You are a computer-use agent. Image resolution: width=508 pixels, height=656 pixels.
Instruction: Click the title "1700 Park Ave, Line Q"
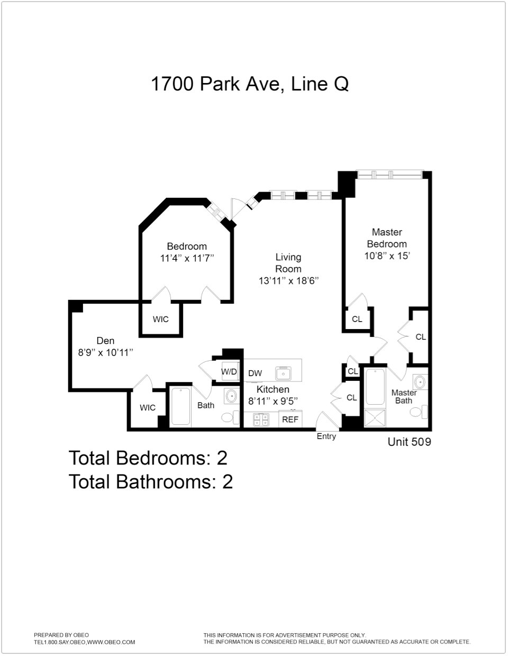coord(250,84)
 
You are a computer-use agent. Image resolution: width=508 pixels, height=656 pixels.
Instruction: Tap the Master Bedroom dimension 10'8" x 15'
coord(387,256)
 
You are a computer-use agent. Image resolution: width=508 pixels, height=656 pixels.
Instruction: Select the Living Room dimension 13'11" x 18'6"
coord(288,281)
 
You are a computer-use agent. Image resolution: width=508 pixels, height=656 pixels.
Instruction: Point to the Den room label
coord(105,341)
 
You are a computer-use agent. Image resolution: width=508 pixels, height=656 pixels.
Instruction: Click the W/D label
coord(229,371)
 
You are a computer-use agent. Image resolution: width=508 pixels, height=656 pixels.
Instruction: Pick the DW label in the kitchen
coord(255,373)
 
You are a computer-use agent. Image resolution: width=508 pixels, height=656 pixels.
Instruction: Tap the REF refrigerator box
coord(290,420)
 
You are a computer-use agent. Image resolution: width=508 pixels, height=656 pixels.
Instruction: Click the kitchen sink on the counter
coord(284,373)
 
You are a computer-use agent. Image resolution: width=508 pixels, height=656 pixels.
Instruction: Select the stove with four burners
coord(260,420)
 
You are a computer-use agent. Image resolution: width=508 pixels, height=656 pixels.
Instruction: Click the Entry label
coord(326,436)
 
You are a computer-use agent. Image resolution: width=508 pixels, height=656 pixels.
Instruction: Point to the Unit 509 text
coord(409,442)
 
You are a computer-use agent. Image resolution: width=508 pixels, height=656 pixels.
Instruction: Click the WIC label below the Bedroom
coord(160,319)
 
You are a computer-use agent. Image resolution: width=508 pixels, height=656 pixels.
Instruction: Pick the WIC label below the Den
coord(148,407)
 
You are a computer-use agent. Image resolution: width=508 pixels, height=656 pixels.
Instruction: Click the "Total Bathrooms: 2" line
coord(151,482)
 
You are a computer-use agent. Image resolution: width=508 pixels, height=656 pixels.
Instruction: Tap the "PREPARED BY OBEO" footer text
coord(61,635)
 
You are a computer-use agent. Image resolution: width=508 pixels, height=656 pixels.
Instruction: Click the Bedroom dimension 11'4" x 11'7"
coord(187,259)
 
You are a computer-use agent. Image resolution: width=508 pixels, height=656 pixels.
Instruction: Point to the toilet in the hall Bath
coord(228,417)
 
